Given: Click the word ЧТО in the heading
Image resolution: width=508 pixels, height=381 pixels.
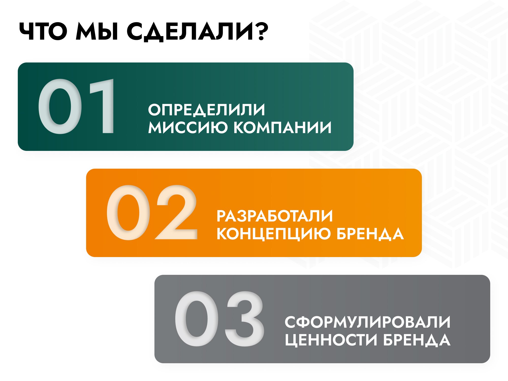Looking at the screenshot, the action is click(43, 31).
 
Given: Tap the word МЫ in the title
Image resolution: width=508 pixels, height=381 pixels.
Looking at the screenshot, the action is click(97, 31).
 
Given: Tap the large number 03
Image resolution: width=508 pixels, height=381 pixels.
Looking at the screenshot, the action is click(219, 319).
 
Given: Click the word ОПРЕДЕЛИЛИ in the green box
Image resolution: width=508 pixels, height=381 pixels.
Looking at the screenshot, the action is click(207, 110).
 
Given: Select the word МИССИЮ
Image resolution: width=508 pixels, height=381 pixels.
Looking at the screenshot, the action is click(188, 127).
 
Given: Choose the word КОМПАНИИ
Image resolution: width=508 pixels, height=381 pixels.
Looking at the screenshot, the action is click(282, 127).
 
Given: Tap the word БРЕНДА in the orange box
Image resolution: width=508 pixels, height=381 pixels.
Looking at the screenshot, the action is click(370, 234).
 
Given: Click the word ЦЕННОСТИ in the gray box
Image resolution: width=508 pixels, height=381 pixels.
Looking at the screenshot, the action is click(331, 340).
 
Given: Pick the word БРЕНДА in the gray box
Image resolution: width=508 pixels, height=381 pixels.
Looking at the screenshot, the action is click(417, 340).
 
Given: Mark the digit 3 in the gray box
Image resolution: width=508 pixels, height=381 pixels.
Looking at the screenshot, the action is click(244, 319).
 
